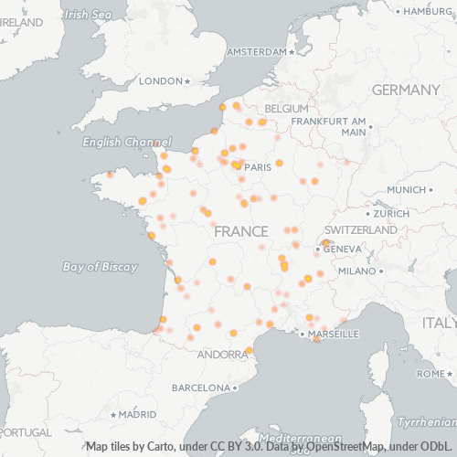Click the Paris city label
pyautogui.click(x=259, y=167)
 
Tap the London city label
pyautogui.click(x=161, y=81)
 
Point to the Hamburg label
pyautogui.click(x=428, y=11)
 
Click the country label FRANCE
pyautogui.click(x=240, y=232)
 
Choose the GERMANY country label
pyautogui.click(x=406, y=90)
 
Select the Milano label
pyautogui.click(x=357, y=271)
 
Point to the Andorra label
pyautogui.click(x=219, y=355)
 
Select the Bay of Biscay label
pyautogui.click(x=100, y=267)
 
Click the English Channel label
pyautogui.click(x=126, y=143)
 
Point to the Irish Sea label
pyautogui.click(x=88, y=15)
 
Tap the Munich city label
pyautogui.click(x=407, y=190)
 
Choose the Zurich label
pyautogui.click(x=391, y=214)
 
